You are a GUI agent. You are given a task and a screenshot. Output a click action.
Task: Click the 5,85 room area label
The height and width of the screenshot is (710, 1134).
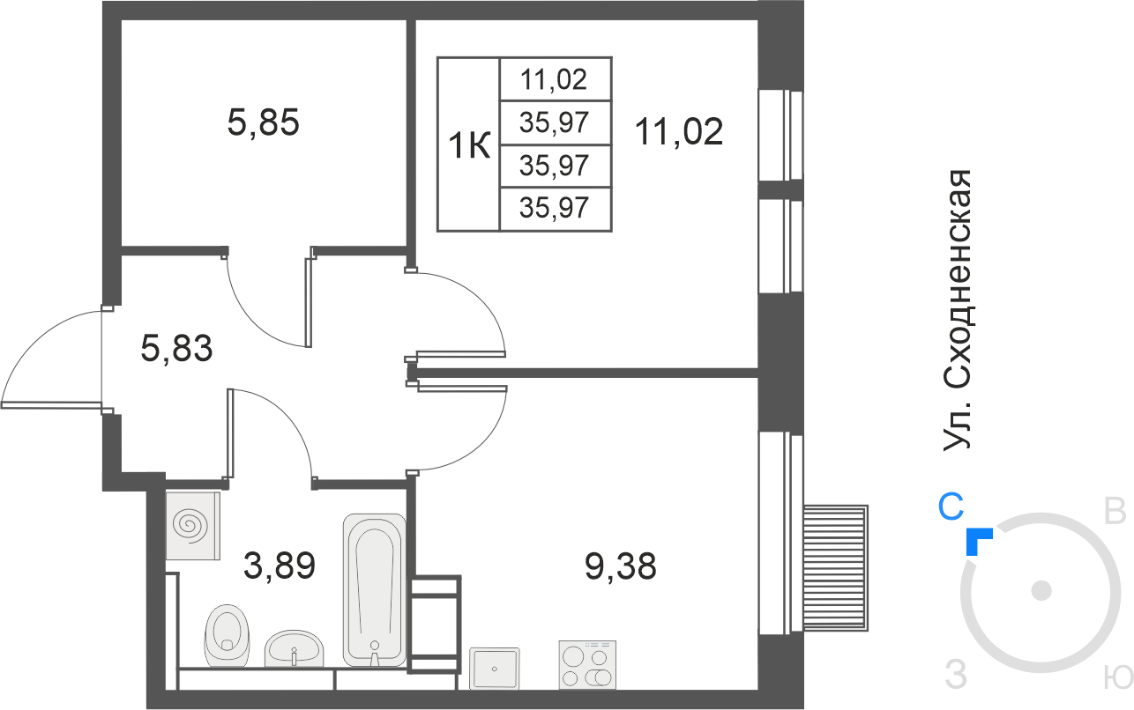[x=264, y=123]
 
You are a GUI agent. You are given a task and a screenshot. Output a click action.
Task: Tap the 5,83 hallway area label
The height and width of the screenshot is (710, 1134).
[x=176, y=349]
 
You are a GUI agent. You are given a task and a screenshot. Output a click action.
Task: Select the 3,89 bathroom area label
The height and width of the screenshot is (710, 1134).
[x=280, y=566]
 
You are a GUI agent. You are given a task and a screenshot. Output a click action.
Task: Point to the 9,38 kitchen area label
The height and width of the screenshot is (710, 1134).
[x=621, y=566]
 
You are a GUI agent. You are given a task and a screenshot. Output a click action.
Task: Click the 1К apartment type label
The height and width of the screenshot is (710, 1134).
[x=469, y=145]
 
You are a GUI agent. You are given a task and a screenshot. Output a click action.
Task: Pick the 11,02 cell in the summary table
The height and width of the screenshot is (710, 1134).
[x=555, y=79]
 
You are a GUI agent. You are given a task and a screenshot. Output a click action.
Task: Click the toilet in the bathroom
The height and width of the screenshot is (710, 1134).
[x=227, y=636]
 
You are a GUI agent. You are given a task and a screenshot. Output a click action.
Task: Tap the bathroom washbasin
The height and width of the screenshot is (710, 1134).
[x=295, y=649]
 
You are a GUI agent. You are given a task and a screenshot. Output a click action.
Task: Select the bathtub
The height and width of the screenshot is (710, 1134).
[x=375, y=590]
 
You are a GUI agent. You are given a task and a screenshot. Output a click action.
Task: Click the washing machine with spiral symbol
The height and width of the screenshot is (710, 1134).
[x=193, y=526]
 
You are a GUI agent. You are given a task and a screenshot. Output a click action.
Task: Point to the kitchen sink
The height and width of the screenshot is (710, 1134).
[x=495, y=668]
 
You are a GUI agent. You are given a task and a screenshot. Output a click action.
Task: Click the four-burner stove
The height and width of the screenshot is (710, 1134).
[x=588, y=664]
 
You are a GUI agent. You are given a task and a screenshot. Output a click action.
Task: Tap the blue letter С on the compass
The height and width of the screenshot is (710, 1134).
[x=951, y=507]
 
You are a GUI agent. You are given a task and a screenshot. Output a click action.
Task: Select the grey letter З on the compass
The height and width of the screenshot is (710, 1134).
[x=956, y=675]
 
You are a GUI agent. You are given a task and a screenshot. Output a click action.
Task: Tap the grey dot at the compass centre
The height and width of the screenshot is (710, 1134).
[x=1041, y=591]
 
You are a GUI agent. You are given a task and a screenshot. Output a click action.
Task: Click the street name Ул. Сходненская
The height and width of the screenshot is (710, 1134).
[x=957, y=310]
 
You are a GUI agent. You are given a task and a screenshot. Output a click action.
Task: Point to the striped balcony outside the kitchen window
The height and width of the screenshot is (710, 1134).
[x=836, y=568]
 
